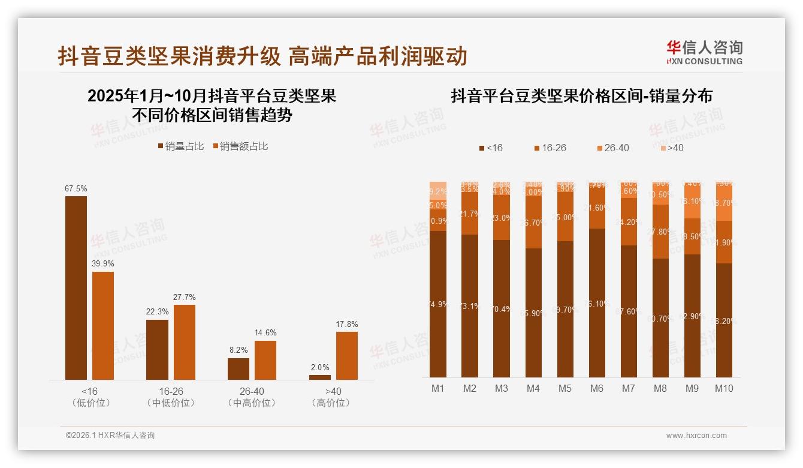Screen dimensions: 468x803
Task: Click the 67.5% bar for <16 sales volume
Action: click(x=76, y=288)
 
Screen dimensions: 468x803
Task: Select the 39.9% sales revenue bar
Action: click(x=103, y=326)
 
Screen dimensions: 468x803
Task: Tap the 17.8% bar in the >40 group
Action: click(x=347, y=356)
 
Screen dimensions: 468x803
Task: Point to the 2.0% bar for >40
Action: click(x=320, y=377)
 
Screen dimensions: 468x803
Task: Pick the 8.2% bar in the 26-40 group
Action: click(x=239, y=369)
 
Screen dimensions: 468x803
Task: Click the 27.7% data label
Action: click(x=185, y=297)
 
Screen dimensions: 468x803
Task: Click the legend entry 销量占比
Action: click(x=180, y=146)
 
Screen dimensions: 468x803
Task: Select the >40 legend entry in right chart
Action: click(x=672, y=148)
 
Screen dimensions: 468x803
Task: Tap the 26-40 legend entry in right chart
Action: click(x=613, y=148)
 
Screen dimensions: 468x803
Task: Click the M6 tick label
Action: click(x=597, y=388)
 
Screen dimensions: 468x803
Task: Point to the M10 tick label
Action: click(x=724, y=388)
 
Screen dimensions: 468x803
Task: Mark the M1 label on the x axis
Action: click(x=438, y=388)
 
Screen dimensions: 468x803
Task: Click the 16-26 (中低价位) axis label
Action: click(x=171, y=397)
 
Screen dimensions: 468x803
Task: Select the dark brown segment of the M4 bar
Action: click(x=533, y=312)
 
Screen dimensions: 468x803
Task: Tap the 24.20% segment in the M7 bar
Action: click(x=629, y=222)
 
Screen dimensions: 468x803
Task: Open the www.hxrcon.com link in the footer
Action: click(x=696, y=436)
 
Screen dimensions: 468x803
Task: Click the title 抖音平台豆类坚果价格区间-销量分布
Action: click(x=581, y=96)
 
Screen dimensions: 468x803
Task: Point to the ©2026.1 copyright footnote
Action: click(x=110, y=436)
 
